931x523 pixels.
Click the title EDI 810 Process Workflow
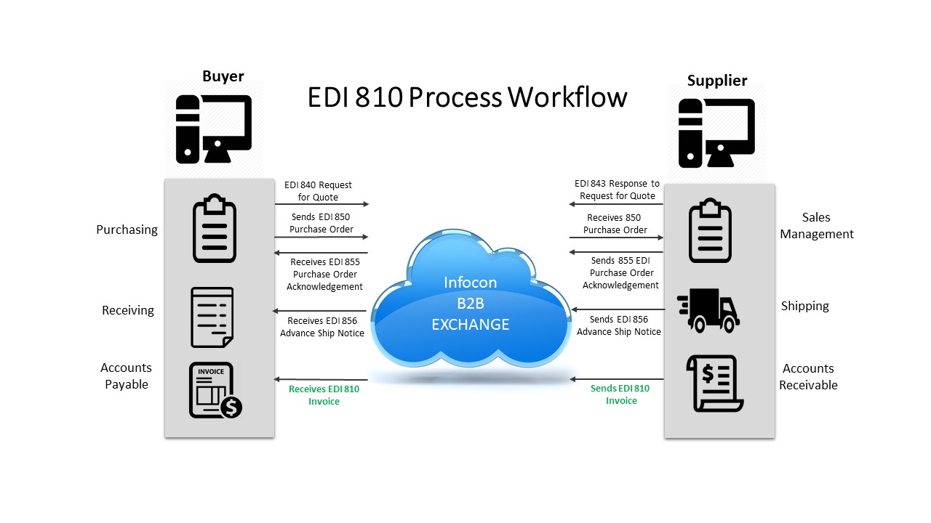(x=467, y=97)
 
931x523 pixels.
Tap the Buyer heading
(x=223, y=76)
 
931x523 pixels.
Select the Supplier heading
(x=716, y=81)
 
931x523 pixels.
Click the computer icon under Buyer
(x=213, y=129)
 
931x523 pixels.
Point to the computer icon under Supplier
(x=716, y=133)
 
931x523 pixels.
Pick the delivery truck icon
(x=708, y=310)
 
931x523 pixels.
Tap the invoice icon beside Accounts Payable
(x=215, y=390)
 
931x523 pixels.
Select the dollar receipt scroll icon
(x=714, y=383)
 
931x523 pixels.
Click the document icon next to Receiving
(x=212, y=317)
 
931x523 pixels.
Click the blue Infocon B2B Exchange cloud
(x=470, y=302)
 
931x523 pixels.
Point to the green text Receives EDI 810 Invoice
(x=324, y=394)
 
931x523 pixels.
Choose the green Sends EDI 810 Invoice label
(x=620, y=394)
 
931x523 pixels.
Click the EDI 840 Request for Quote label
(x=318, y=191)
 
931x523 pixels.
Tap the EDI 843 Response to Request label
(x=617, y=190)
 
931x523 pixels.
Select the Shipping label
(x=804, y=306)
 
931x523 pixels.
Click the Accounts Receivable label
(x=808, y=376)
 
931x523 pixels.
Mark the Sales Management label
(x=816, y=225)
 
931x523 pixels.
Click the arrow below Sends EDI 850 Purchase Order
(x=321, y=237)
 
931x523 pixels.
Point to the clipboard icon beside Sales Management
(x=710, y=230)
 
